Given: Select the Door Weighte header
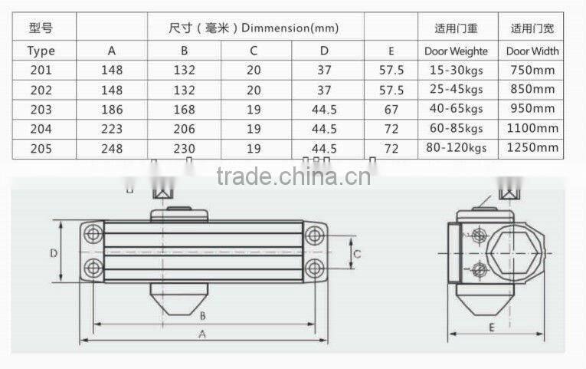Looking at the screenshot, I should (457, 51).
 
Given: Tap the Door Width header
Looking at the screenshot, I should (533, 51).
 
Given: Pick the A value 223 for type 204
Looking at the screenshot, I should (112, 129).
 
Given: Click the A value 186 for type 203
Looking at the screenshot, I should (112, 110).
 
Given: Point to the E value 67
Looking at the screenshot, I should (391, 110).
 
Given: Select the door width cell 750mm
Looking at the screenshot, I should (534, 71).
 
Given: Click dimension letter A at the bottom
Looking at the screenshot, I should (202, 334).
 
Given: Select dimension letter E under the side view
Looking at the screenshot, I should (491, 327).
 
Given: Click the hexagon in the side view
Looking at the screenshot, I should (517, 252).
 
